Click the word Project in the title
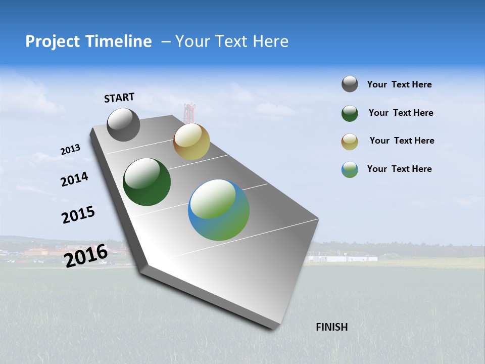click(x=53, y=41)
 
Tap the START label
click(x=119, y=98)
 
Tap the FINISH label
click(x=331, y=327)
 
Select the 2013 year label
click(x=70, y=150)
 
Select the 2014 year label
click(x=74, y=179)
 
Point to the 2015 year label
click(x=78, y=215)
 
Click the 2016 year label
click(x=85, y=255)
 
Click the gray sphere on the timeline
click(x=123, y=125)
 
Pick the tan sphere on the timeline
click(x=191, y=142)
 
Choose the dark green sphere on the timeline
click(x=147, y=182)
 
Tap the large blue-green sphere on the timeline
click(x=219, y=210)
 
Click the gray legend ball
click(x=350, y=84)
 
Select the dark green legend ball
click(x=350, y=113)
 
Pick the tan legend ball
click(x=350, y=142)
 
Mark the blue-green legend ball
click(x=350, y=169)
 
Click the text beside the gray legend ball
click(x=399, y=85)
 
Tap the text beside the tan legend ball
click(x=402, y=141)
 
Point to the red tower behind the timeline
click(x=189, y=112)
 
